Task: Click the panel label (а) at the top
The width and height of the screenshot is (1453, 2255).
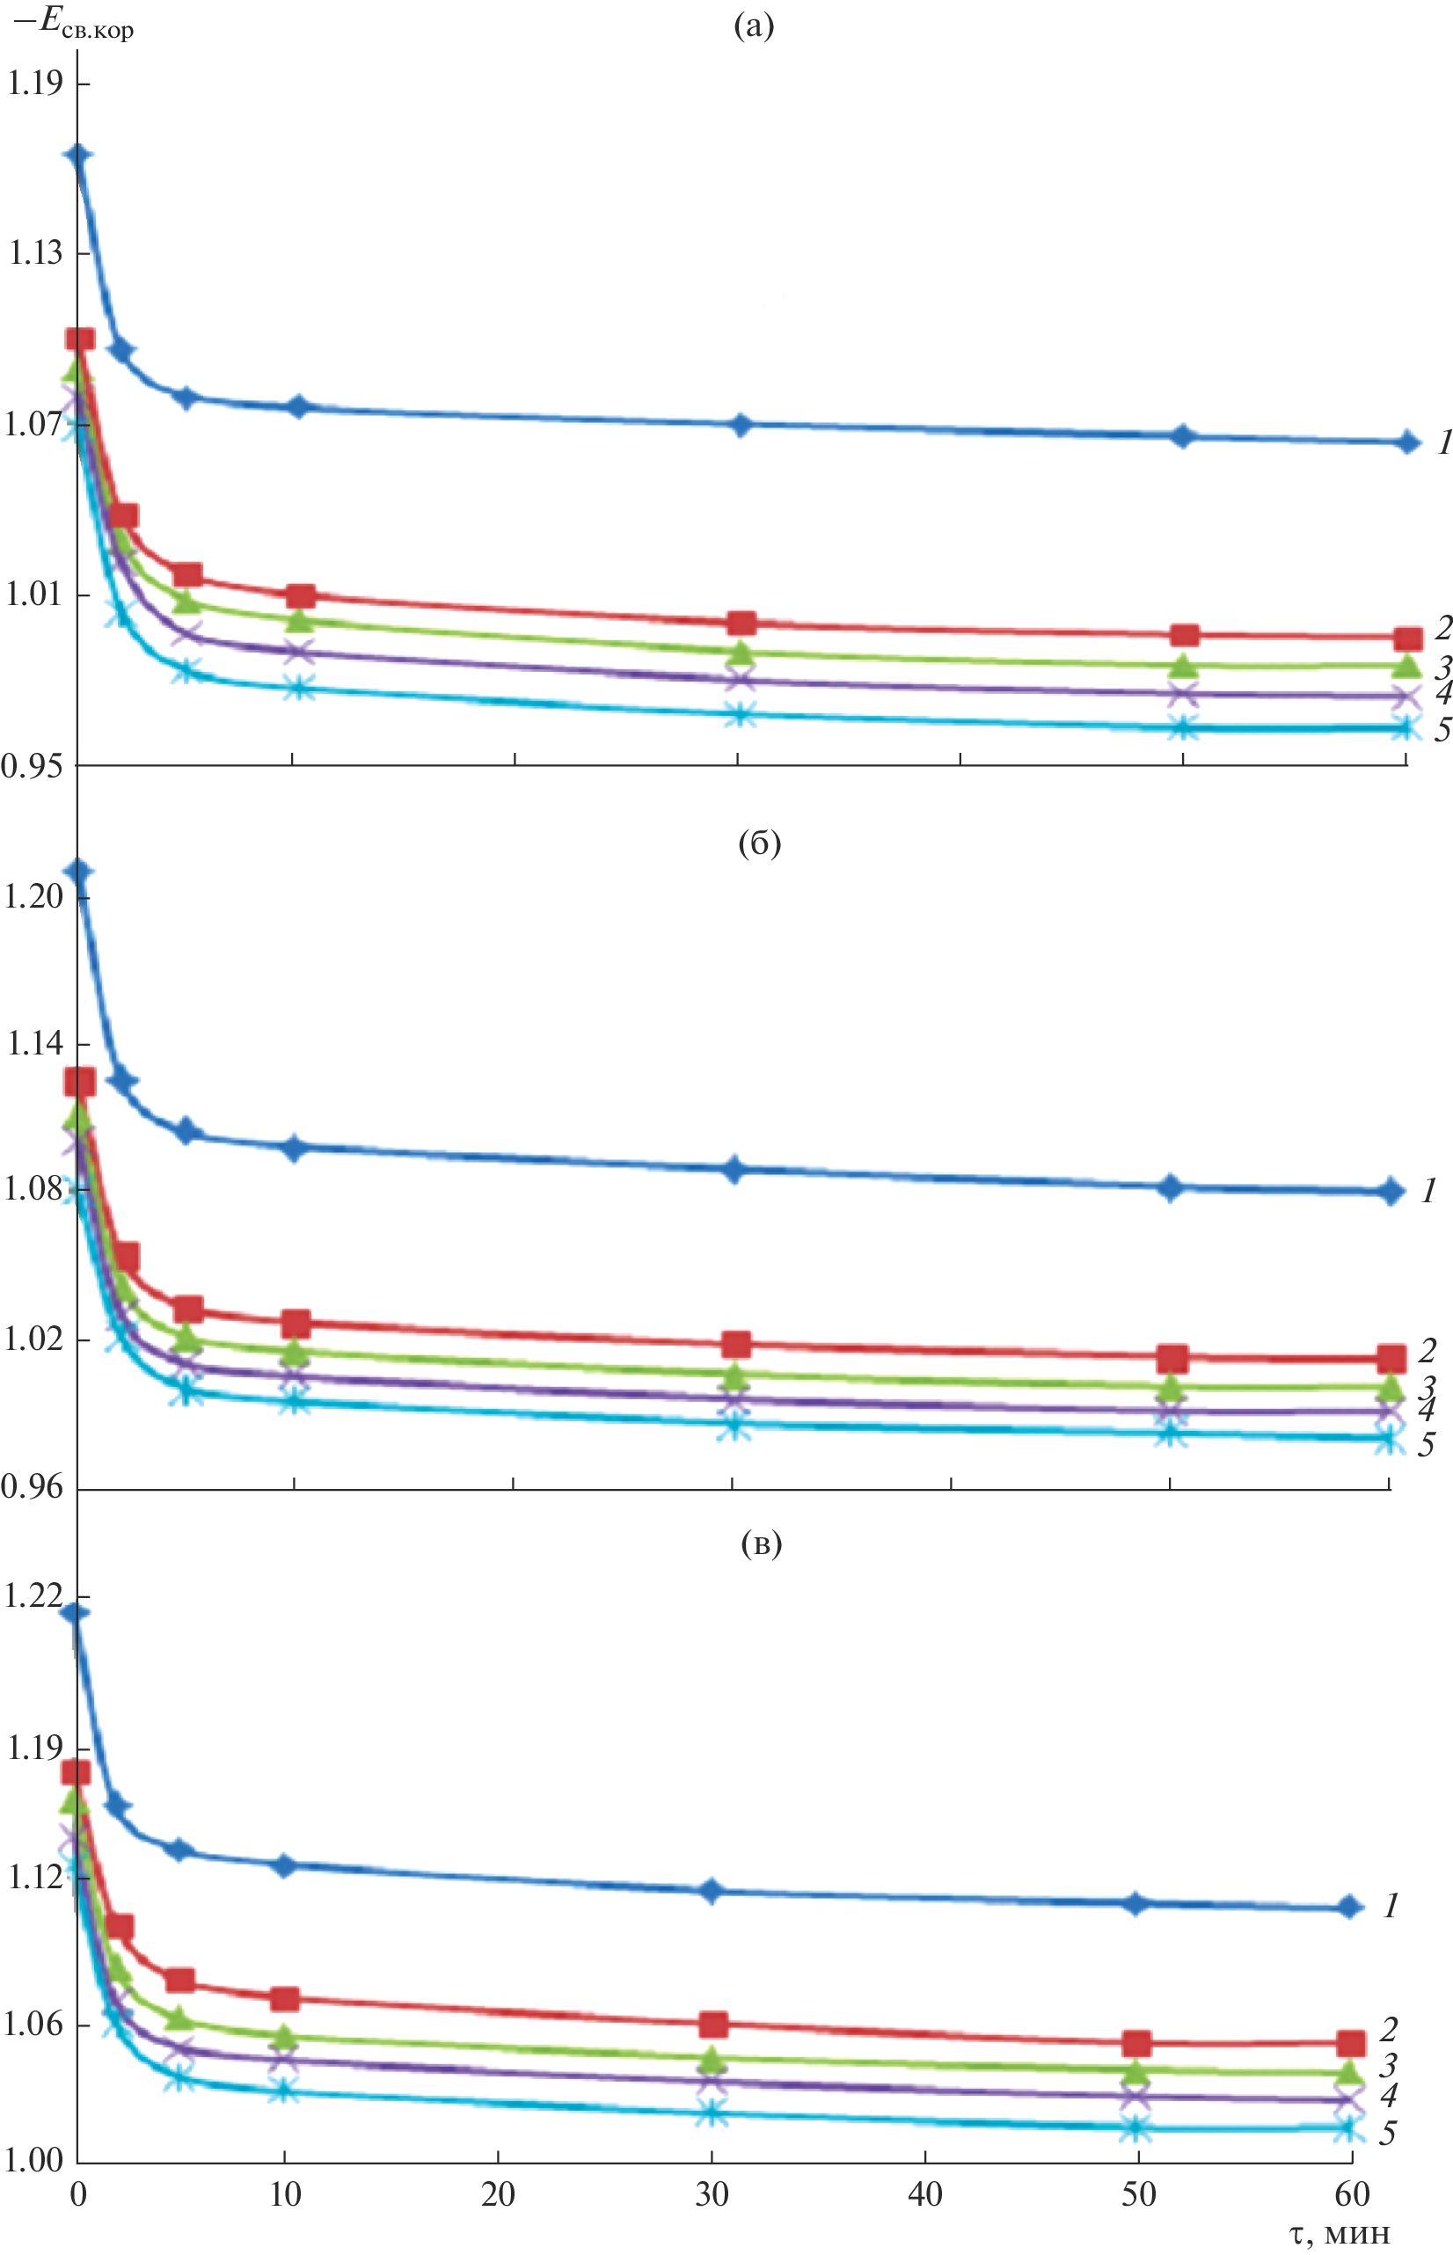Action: (x=754, y=26)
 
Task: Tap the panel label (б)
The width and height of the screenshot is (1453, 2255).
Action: (x=758, y=843)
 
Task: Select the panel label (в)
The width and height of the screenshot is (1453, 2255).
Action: (x=762, y=1543)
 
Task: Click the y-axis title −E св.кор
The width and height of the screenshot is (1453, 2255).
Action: (x=74, y=26)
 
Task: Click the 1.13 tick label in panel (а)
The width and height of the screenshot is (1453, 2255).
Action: (x=34, y=253)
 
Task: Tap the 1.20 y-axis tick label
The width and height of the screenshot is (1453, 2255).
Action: (x=34, y=895)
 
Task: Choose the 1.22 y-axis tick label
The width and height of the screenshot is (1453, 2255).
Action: (x=34, y=1595)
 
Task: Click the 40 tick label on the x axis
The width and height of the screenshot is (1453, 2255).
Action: (x=924, y=2193)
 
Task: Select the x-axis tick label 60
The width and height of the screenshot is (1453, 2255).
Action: (x=1352, y=2193)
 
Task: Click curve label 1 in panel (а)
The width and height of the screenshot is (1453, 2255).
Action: (x=1443, y=442)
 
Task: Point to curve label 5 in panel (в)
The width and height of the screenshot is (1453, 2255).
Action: (x=1387, y=2133)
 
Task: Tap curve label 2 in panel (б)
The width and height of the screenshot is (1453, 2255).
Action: (x=1427, y=1351)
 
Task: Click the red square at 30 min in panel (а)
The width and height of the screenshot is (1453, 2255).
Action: (x=741, y=623)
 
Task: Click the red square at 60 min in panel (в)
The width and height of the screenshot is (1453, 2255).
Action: (x=1351, y=2043)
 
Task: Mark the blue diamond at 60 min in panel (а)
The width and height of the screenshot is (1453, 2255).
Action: (x=1408, y=442)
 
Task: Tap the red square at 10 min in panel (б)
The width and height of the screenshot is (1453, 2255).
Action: (x=296, y=1323)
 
